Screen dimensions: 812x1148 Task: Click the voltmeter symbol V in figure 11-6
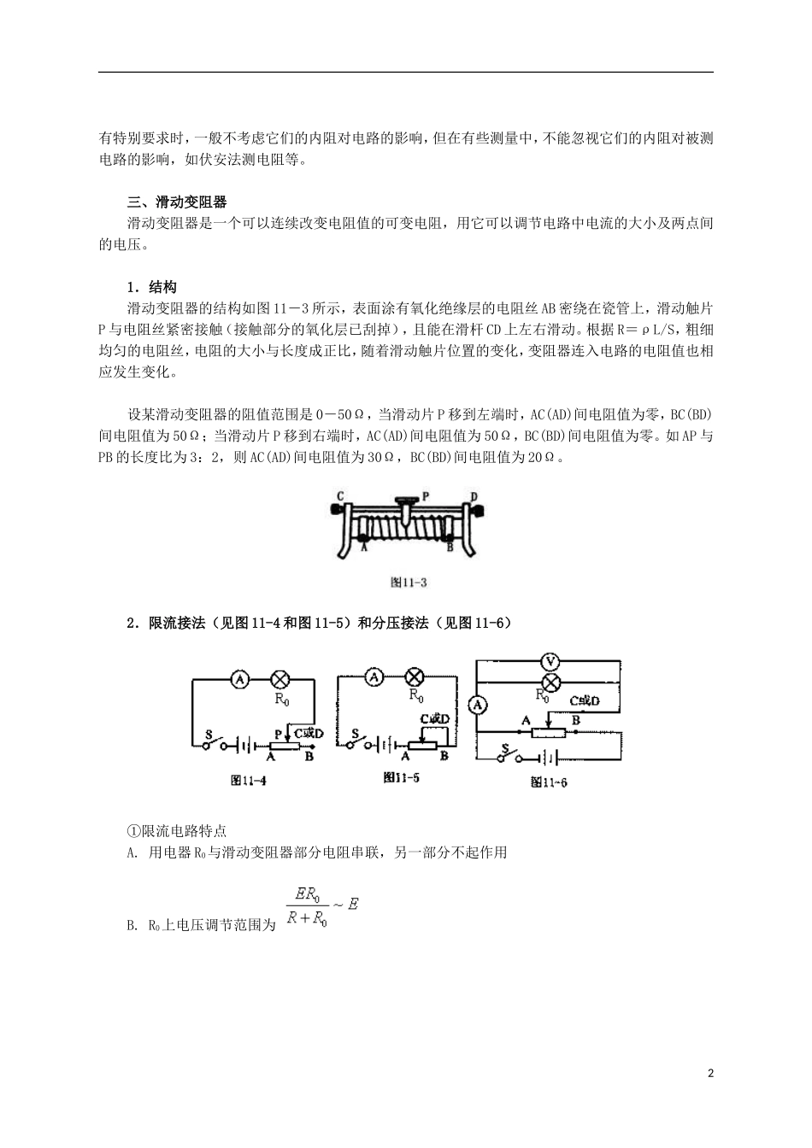[x=550, y=659]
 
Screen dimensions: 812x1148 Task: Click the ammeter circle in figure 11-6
[x=479, y=705]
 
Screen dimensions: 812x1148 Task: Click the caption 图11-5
[x=402, y=777]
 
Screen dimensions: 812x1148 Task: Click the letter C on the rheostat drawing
[x=340, y=495]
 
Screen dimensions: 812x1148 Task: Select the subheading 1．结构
[x=152, y=286]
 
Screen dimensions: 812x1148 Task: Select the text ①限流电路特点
[x=177, y=830]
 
